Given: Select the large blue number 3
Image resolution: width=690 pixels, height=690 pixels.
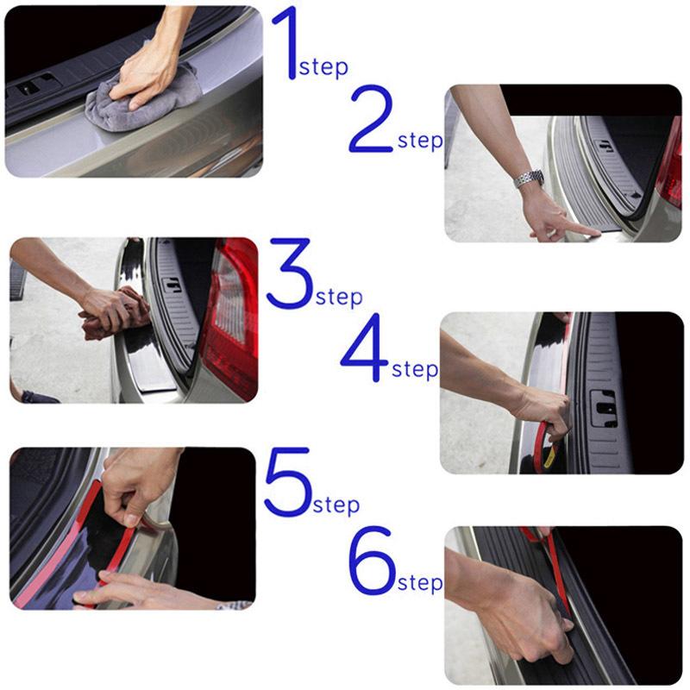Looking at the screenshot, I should pyautogui.click(x=289, y=275).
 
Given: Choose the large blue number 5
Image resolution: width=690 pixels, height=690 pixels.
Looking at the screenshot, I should pyautogui.click(x=287, y=483).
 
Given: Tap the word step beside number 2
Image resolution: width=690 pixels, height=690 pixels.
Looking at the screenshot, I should pyautogui.click(x=420, y=141).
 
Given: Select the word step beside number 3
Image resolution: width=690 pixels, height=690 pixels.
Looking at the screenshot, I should pyautogui.click(x=338, y=298).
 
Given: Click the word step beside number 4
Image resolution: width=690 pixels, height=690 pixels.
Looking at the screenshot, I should pyautogui.click(x=415, y=370).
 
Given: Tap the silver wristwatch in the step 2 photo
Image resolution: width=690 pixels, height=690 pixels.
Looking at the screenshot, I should pyautogui.click(x=529, y=179).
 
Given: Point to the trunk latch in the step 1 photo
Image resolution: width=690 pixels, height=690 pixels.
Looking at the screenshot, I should pyautogui.click(x=34, y=88).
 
